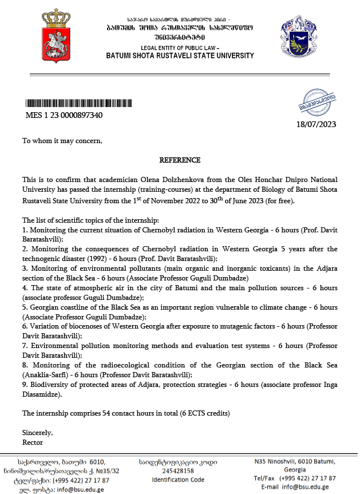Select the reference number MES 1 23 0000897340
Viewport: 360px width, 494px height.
64,115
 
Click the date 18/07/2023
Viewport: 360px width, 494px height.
316,124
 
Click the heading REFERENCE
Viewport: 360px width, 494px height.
180,160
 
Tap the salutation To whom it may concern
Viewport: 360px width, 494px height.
62,140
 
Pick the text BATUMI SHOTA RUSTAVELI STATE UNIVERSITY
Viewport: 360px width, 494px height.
180,56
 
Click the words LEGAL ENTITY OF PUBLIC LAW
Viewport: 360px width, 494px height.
180,48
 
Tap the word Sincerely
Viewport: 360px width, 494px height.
37,432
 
